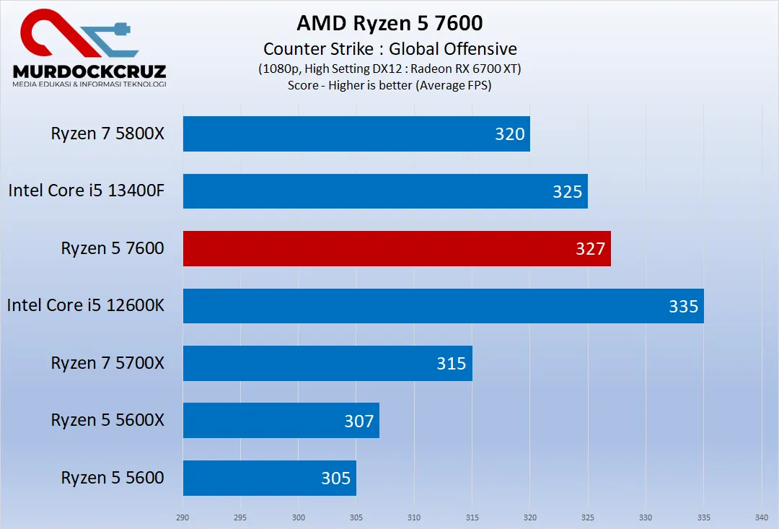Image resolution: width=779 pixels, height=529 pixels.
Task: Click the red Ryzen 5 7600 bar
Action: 397,248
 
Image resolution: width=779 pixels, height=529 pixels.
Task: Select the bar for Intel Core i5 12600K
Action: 443,306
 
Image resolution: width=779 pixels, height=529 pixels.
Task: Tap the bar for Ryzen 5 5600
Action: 269,478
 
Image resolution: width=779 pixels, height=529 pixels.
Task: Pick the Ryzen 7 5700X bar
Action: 327,363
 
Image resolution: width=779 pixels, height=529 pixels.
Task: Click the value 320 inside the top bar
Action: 509,134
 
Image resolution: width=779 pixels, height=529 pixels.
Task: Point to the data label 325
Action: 567,191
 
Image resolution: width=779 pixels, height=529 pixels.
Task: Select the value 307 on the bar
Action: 358,421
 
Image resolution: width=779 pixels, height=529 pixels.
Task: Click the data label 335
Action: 683,306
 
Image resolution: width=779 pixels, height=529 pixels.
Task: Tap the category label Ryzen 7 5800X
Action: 107,134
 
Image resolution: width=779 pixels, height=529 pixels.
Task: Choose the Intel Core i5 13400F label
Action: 87,191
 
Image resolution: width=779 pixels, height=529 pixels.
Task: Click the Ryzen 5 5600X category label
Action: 107,420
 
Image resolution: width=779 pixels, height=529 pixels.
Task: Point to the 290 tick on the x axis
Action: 183,517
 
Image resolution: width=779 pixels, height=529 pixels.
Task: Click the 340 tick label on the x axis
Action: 761,517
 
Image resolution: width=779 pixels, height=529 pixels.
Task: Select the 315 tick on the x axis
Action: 472,517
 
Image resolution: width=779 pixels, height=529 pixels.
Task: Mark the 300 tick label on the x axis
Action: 299,517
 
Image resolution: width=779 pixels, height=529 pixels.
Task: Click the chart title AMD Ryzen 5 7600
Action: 389,23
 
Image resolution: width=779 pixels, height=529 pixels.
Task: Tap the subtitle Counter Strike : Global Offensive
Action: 389,49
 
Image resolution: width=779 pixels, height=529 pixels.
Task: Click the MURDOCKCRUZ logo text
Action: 89,71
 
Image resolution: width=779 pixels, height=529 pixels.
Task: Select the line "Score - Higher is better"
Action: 389,84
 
